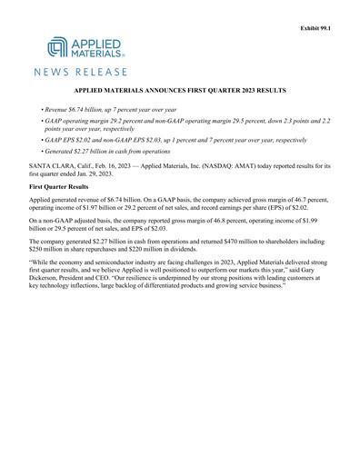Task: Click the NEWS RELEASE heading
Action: point(82,71)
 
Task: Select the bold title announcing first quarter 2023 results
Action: point(179,92)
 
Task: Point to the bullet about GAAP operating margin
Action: point(182,124)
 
